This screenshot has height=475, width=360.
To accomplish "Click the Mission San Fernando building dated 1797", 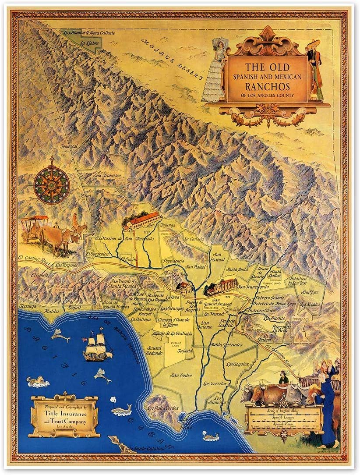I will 141,220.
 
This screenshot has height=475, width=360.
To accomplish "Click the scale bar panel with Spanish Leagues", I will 284,419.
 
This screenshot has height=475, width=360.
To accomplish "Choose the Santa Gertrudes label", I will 226,344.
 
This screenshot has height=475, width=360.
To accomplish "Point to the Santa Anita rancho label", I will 237,269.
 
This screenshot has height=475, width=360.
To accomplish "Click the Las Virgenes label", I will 67,266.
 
